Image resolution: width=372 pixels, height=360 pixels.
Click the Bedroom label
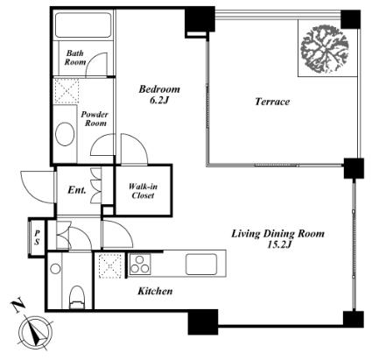click(159, 89)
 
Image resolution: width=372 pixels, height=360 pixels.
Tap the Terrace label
click(272, 102)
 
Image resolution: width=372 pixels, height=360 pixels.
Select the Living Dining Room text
click(277, 234)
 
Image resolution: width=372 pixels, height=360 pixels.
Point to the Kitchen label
click(155, 291)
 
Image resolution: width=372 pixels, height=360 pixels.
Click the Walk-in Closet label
click(143, 191)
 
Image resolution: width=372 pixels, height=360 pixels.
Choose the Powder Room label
click(95, 119)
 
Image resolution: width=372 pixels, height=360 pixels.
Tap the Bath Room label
click(75, 58)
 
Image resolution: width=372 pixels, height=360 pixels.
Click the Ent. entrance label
click(77, 190)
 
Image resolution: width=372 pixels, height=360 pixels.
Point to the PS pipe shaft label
click(37, 237)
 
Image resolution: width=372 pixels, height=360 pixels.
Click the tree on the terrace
click(325, 49)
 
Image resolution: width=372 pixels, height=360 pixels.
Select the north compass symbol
click(35, 332)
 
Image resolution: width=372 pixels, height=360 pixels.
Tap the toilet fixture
click(77, 297)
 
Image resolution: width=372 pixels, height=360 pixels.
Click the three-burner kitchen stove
click(140, 265)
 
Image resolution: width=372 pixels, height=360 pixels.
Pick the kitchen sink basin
click(201, 265)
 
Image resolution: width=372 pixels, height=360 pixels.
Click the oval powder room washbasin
click(65, 134)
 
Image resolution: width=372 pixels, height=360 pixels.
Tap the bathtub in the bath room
click(83, 25)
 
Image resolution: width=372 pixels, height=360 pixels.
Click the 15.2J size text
click(279, 244)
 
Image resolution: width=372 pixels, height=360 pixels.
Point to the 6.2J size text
click(159, 100)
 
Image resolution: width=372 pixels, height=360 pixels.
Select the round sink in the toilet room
click(55, 269)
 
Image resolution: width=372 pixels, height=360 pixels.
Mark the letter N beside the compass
click(18, 305)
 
